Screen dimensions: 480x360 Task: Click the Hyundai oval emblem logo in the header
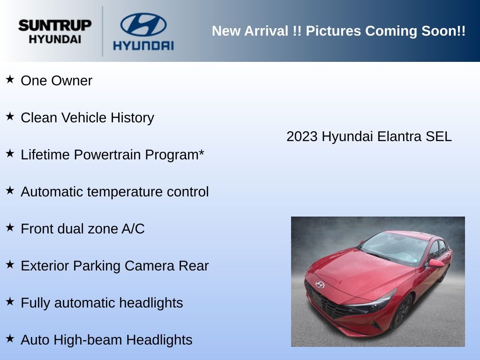tap(143, 24)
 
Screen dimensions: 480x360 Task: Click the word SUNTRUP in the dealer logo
tap(55, 25)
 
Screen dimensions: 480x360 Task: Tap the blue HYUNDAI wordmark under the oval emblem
tap(143, 45)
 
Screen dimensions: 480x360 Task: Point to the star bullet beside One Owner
tap(10, 79)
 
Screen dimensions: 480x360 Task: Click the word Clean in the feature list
tap(39, 118)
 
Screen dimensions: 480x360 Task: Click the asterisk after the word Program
tap(202, 152)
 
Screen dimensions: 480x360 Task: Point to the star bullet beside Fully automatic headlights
tap(10, 301)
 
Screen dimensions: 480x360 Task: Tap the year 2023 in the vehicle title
tap(302, 136)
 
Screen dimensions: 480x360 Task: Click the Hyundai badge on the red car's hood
tap(320, 285)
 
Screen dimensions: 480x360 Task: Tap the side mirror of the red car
tap(436, 263)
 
